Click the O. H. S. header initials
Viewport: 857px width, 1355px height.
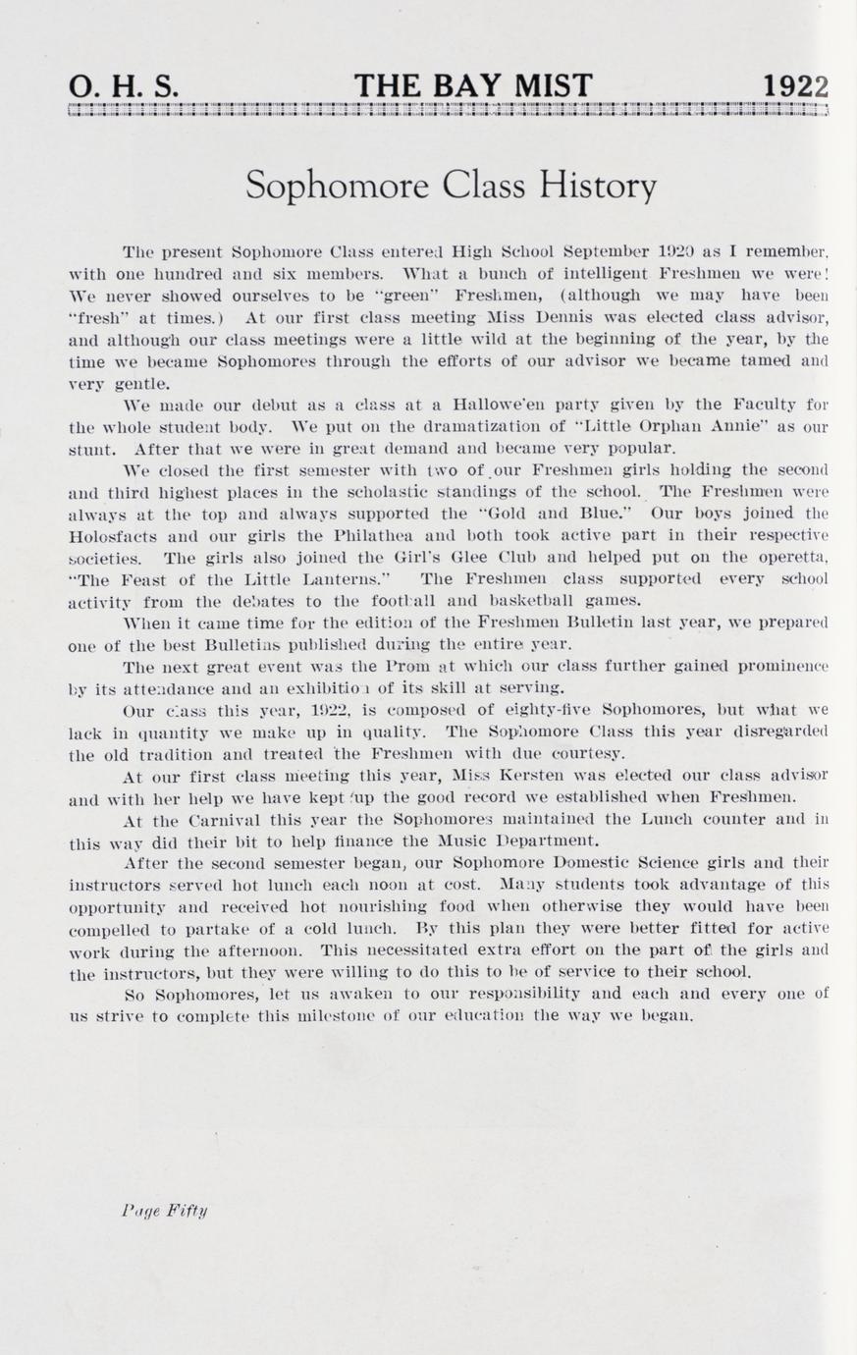[x=124, y=86]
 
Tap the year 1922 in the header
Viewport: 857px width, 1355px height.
[x=795, y=86]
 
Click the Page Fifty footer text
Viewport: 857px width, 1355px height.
[x=165, y=1210]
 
